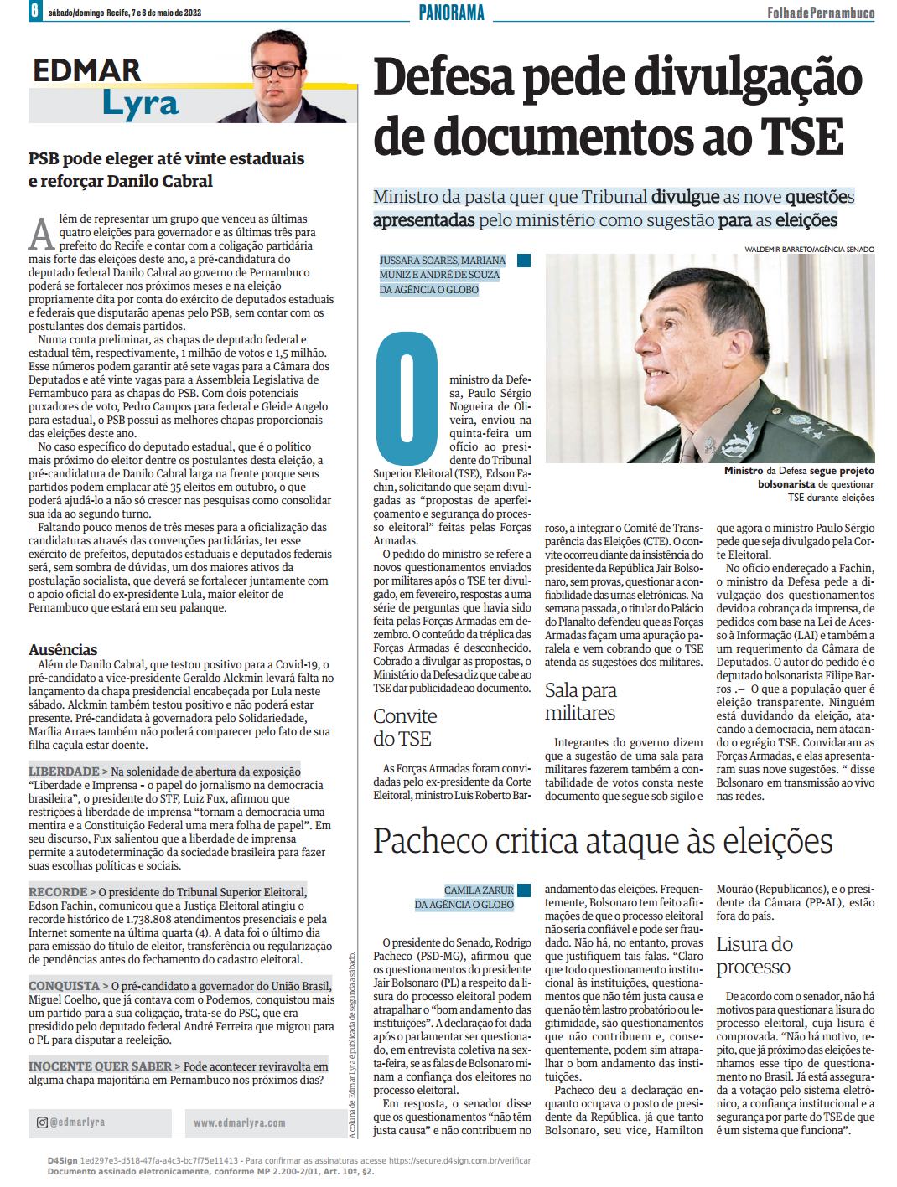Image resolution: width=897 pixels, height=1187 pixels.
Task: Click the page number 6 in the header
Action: (34, 13)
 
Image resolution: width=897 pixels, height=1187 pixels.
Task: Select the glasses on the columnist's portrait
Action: (279, 71)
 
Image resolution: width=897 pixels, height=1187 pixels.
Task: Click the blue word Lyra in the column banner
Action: (141, 103)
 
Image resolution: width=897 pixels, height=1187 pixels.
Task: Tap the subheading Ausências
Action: (63, 650)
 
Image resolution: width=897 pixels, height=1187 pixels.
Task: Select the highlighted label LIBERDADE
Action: (63, 771)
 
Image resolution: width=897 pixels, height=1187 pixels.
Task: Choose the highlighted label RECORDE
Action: (58, 892)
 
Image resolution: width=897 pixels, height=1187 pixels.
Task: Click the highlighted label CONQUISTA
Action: (64, 986)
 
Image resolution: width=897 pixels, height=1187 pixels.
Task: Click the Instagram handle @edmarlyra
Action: (75, 1122)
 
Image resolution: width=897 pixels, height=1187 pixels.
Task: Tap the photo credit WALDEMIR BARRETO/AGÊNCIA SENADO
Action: (809, 250)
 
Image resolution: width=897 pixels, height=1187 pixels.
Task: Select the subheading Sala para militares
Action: (580, 702)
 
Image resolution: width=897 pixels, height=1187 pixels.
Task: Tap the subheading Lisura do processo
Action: (754, 956)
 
